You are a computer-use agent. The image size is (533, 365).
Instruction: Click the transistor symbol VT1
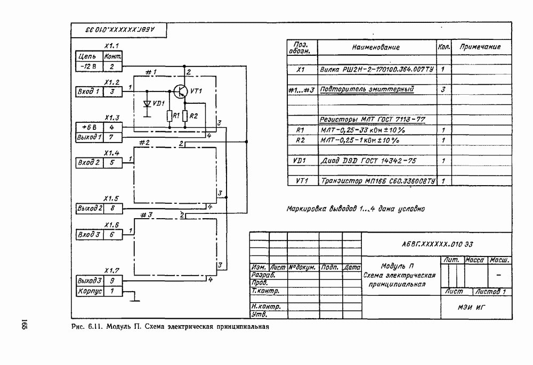point(181,92)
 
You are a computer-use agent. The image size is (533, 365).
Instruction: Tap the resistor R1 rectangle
point(169,116)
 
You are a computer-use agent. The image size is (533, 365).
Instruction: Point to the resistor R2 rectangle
point(185,116)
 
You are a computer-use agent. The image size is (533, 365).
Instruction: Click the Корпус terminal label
point(88,291)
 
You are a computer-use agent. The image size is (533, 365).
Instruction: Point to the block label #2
point(144,143)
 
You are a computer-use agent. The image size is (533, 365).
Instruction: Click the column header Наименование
point(376,47)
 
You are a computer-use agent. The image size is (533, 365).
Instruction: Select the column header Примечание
point(480,47)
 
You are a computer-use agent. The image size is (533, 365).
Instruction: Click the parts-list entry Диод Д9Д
point(366,160)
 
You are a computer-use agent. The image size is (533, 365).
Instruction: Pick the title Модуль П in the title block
point(399,266)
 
